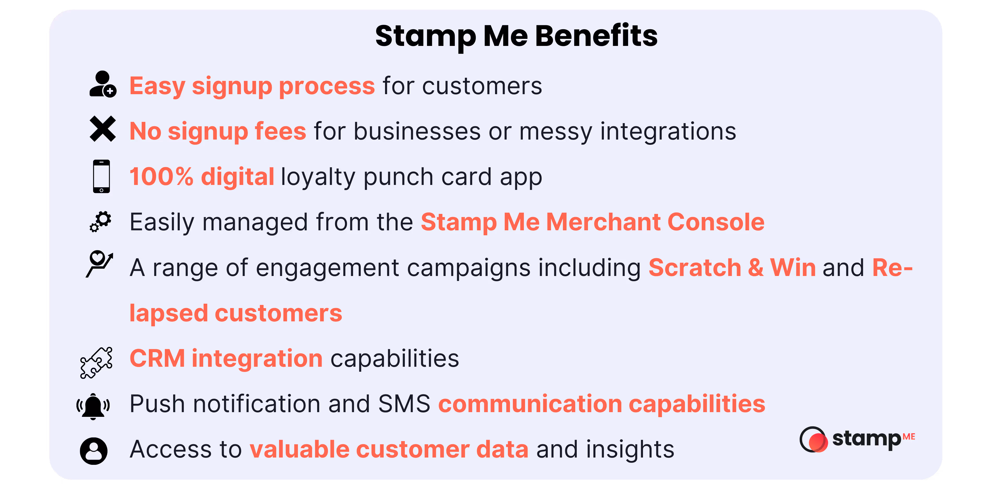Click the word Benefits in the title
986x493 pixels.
(x=596, y=35)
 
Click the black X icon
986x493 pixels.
(x=102, y=129)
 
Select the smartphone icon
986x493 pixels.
(x=101, y=176)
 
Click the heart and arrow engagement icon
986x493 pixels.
(x=99, y=263)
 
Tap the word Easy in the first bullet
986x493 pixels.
(x=157, y=86)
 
